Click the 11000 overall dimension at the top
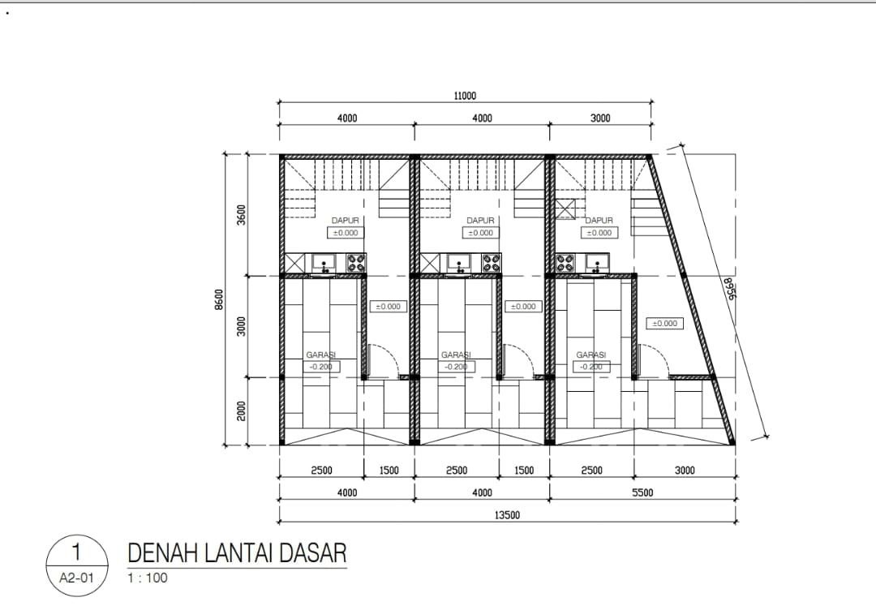[x=465, y=96]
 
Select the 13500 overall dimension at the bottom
[x=507, y=514]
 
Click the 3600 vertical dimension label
[x=242, y=216]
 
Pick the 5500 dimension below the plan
[x=642, y=492]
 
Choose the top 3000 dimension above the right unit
[x=600, y=118]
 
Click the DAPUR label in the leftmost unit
[x=346, y=220]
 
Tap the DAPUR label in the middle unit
[x=481, y=220]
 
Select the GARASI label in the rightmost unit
[x=591, y=355]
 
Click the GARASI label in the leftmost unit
[x=321, y=355]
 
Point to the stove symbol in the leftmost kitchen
[x=356, y=263]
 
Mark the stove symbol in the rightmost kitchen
[x=565, y=263]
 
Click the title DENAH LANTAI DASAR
[x=237, y=554]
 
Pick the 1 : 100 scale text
[x=147, y=578]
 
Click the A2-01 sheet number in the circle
[x=76, y=578]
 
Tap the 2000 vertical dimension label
[x=242, y=411]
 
